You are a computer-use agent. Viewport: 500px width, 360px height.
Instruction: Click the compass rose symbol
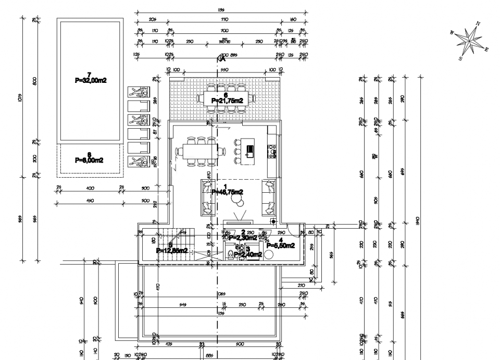coord(471,39)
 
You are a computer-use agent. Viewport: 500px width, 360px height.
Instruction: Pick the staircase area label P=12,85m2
coord(171,250)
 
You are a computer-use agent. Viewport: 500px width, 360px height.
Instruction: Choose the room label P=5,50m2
coord(281,245)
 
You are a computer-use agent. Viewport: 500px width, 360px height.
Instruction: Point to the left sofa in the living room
coord(206,196)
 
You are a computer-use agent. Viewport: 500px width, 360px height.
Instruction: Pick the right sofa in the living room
coord(269,196)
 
